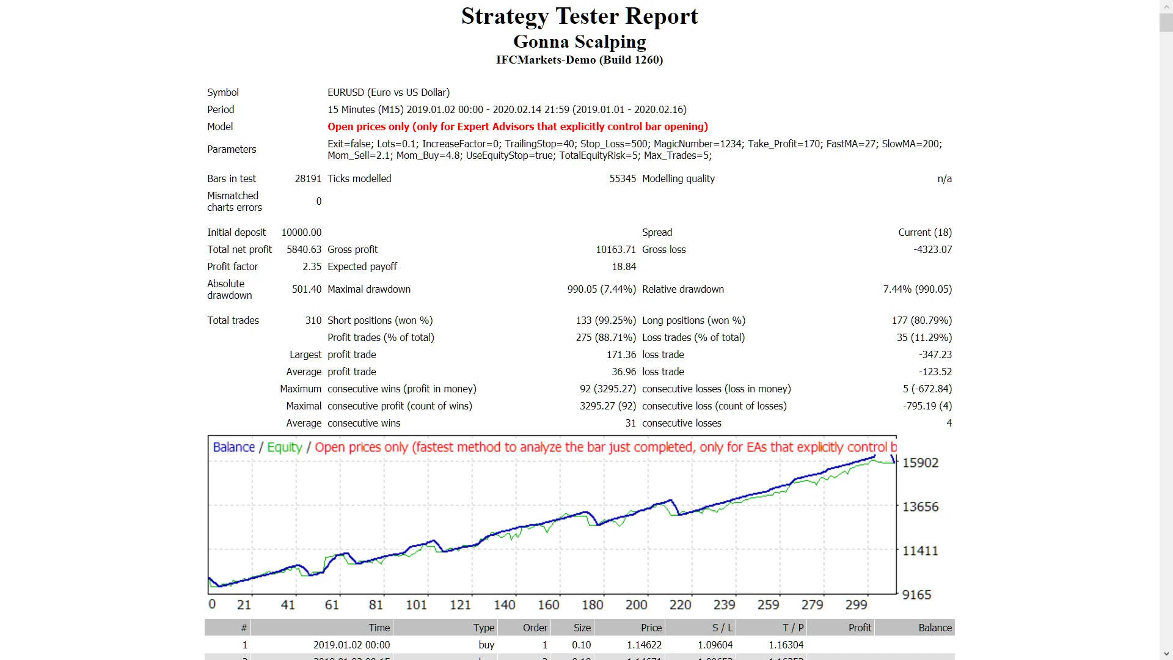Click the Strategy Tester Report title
tap(579, 16)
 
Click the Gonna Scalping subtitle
tap(579, 42)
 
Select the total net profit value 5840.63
tap(304, 249)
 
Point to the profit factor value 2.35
tap(312, 266)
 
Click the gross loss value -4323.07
tap(932, 249)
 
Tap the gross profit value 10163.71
tap(615, 249)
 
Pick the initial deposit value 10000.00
tap(301, 232)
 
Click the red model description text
tap(517, 127)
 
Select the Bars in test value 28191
tap(308, 178)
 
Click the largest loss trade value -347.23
tap(935, 354)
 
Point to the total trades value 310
tap(313, 320)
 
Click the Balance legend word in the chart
tap(233, 447)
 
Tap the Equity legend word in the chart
tap(285, 447)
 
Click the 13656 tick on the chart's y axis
tap(920, 507)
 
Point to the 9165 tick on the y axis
tap(916, 595)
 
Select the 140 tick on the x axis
tap(504, 605)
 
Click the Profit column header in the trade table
tap(860, 628)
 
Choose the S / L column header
tap(722, 628)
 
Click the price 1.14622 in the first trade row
tap(644, 645)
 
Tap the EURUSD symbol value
tap(388, 92)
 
